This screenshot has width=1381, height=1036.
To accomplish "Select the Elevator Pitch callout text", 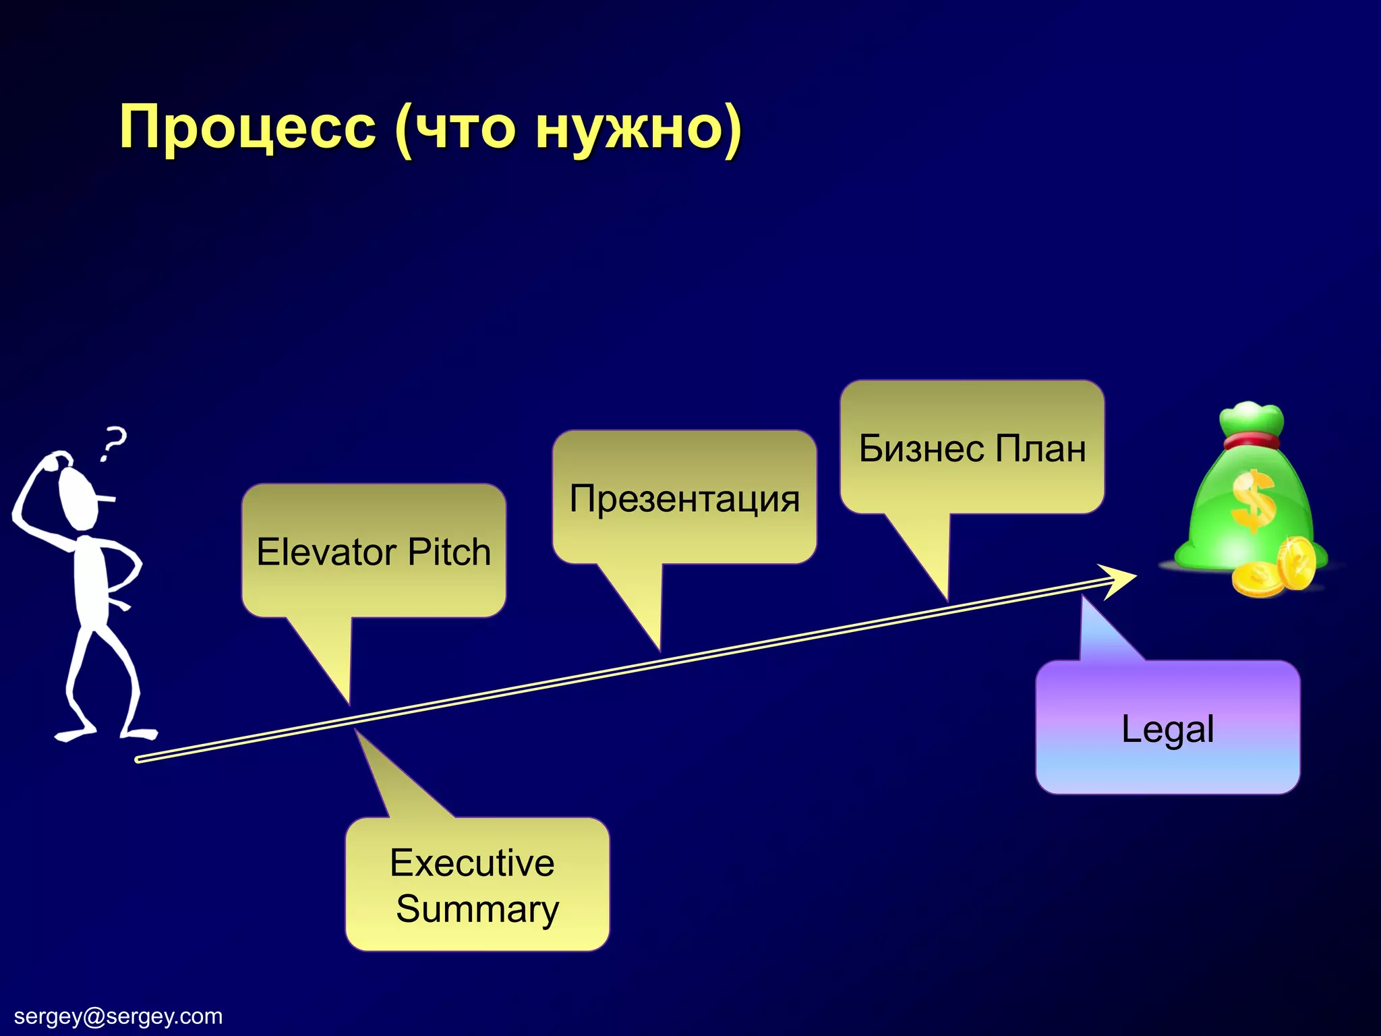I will pyautogui.click(x=374, y=552).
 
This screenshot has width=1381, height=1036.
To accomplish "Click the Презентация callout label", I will pyautogui.click(x=684, y=499).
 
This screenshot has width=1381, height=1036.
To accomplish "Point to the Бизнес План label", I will pyautogui.click(x=972, y=449).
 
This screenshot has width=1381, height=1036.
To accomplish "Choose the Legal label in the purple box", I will pyautogui.click(x=1168, y=729).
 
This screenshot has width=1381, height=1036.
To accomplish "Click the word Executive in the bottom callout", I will pyautogui.click(x=472, y=863).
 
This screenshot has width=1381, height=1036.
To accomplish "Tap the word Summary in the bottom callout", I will pyautogui.click(x=477, y=909).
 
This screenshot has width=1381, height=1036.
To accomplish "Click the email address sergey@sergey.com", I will pyautogui.click(x=118, y=1016).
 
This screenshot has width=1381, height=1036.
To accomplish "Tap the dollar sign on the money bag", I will pyautogui.click(x=1253, y=500).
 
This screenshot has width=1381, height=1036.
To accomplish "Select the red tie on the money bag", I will pyautogui.click(x=1252, y=442).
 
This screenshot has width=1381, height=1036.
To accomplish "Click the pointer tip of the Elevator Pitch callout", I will pyautogui.click(x=349, y=701).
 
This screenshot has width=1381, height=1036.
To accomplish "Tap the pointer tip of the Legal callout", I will pyautogui.click(x=1083, y=599).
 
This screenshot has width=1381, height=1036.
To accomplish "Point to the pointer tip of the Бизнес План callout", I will pyautogui.click(x=947, y=598).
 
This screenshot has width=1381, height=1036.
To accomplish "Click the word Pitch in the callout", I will pyautogui.click(x=449, y=552).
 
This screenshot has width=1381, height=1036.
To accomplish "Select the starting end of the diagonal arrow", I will pyautogui.click(x=138, y=759).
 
